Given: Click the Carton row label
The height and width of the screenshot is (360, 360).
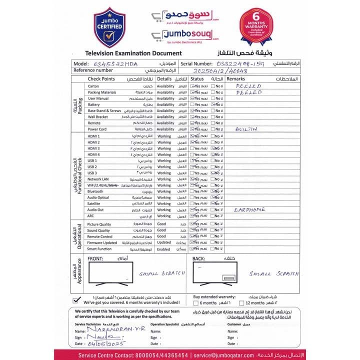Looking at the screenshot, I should [x=93, y=86].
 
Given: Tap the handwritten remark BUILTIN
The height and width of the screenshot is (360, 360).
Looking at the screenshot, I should [x=246, y=129].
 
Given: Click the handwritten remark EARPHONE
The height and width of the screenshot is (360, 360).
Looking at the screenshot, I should [x=249, y=210].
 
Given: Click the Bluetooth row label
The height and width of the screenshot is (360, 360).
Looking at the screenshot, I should [x=95, y=191].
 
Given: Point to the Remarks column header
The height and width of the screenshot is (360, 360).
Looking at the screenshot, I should [x=236, y=79].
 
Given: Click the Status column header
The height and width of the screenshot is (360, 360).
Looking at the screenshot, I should [x=197, y=79].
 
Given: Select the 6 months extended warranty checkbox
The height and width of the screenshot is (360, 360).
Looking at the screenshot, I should [x=195, y=303].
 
